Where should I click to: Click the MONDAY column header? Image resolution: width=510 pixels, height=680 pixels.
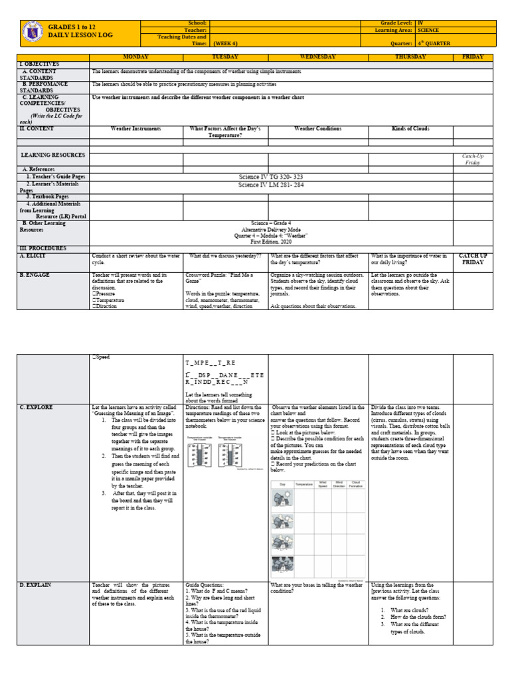point(135,57)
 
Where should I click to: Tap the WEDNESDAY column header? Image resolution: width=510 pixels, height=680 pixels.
point(317,57)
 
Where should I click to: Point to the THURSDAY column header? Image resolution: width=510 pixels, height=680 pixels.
point(410,57)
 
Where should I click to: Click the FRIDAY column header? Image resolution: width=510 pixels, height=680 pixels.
point(473,57)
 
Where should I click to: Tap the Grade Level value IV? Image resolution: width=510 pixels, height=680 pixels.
point(420,23)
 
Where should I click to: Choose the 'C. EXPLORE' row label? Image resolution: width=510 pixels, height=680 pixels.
point(37,406)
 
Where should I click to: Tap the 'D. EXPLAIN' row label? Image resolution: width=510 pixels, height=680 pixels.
point(37,584)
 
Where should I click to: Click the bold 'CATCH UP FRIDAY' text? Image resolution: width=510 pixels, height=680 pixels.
point(473,259)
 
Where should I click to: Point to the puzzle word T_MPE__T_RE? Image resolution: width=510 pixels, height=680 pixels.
point(211,364)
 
